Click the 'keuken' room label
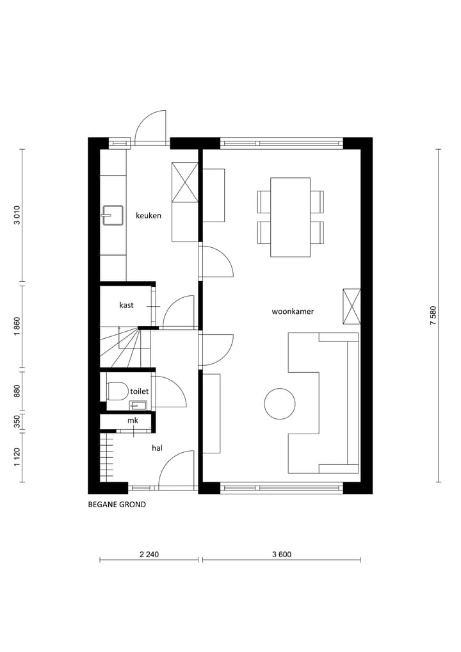pyautogui.click(x=148, y=216)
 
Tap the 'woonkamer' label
pyautogui.click(x=293, y=312)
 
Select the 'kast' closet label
pyautogui.click(x=126, y=306)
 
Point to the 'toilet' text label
pyautogui.click(x=139, y=391)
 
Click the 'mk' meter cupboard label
pyautogui.click(x=133, y=421)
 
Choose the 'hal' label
pyautogui.click(x=156, y=448)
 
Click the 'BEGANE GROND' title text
pyautogui.click(x=117, y=505)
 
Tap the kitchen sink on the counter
pyautogui.click(x=113, y=216)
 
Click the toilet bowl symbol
pyautogui.click(x=117, y=391)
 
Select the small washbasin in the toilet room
pyautogui.click(x=138, y=404)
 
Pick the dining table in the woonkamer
pyautogui.click(x=290, y=217)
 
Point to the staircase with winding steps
pyautogui.click(x=125, y=348)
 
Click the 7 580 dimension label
pyautogui.click(x=433, y=316)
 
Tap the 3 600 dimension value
pyautogui.click(x=281, y=555)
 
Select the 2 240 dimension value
pyautogui.click(x=149, y=555)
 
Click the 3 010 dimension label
pyautogui.click(x=18, y=215)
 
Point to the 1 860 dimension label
pyautogui.click(x=18, y=327)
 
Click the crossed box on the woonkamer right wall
pyautogui.click(x=352, y=307)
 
